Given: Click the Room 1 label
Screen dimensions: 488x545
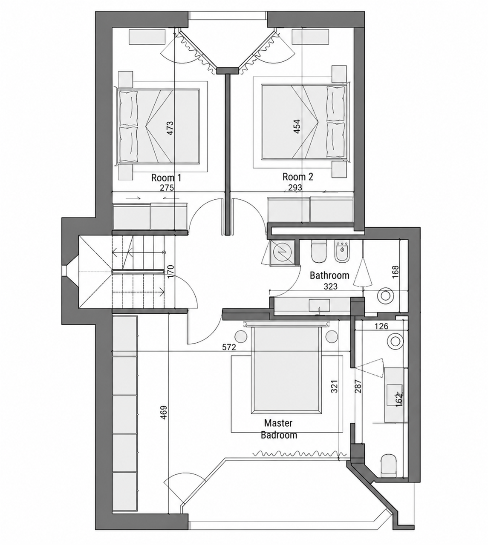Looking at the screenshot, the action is pyautogui.click(x=166, y=178).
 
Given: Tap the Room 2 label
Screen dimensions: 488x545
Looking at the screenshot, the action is pyautogui.click(x=298, y=177).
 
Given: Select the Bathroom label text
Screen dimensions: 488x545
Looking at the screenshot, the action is pyautogui.click(x=329, y=275).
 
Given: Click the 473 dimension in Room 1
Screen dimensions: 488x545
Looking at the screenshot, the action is pyautogui.click(x=170, y=128).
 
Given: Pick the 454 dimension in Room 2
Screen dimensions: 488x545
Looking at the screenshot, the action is pyautogui.click(x=297, y=126).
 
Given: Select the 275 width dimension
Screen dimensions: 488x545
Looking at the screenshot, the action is pyautogui.click(x=167, y=188).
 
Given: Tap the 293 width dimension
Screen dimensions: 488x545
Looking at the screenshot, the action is pyautogui.click(x=295, y=187).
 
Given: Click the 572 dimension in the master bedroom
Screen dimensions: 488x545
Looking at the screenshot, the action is pyautogui.click(x=229, y=347).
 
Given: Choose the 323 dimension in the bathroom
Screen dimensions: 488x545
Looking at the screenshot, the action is pyautogui.click(x=330, y=287).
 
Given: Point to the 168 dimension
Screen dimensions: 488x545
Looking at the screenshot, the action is pyautogui.click(x=396, y=272).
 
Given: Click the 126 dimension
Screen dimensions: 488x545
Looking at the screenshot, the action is pyautogui.click(x=381, y=326).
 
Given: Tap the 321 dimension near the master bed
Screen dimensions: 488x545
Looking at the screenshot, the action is pyautogui.click(x=334, y=386).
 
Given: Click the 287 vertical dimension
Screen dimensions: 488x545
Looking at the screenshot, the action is pyautogui.click(x=358, y=386).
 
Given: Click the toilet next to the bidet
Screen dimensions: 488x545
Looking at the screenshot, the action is pyautogui.click(x=319, y=251).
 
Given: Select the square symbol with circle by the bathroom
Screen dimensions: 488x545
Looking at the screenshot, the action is pyautogui.click(x=282, y=252).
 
